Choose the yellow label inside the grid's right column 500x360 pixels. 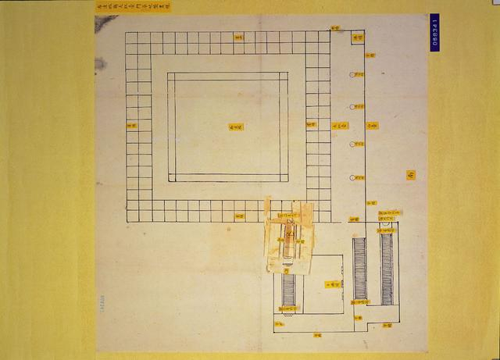311,123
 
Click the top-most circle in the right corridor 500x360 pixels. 353,75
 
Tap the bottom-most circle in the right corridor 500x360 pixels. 353,176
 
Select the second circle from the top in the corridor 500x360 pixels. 353,108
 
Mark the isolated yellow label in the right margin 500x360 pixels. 410,174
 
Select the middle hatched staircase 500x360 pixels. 359,269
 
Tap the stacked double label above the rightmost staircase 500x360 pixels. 388,214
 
